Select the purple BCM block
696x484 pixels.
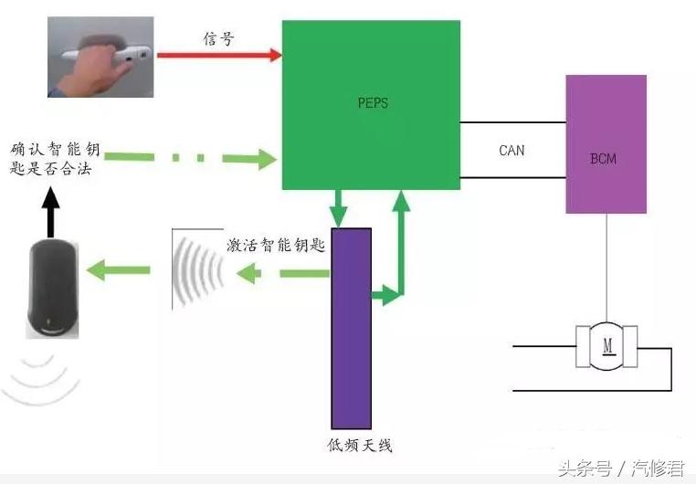606,144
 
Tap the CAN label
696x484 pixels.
511,150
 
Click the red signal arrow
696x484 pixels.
218,55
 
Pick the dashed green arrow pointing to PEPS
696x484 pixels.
201,159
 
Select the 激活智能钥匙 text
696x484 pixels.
278,247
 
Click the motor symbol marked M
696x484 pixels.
606,345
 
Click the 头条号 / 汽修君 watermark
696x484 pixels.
620,468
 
